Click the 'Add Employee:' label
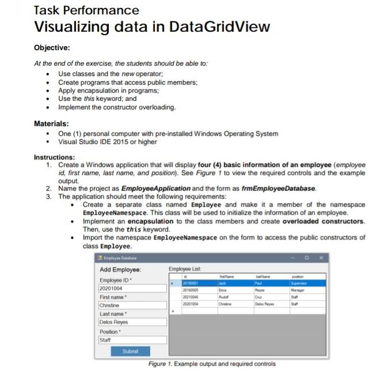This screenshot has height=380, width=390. (120, 269)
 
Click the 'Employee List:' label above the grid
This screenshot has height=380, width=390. (185, 269)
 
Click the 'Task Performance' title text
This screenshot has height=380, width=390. (86, 10)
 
